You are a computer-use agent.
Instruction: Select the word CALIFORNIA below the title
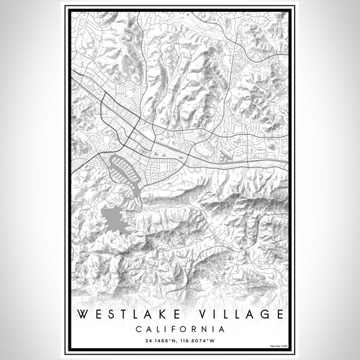point(180,329)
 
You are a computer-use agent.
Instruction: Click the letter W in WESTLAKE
point(83,314)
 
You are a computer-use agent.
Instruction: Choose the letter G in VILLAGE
point(264,314)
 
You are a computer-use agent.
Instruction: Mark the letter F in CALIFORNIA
point(171,329)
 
